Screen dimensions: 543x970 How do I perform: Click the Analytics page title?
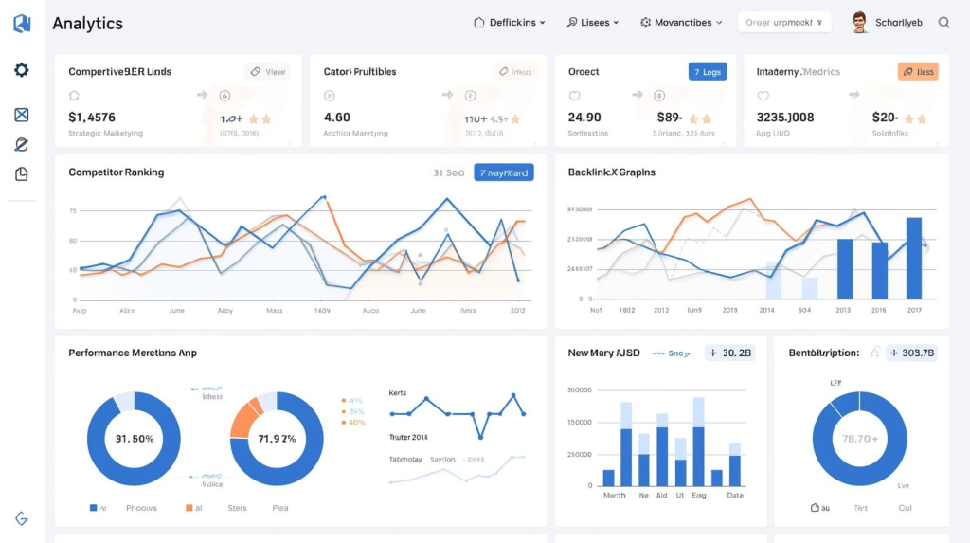(87, 23)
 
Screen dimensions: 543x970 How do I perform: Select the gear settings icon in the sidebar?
(22, 70)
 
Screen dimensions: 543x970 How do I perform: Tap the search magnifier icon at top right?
(943, 23)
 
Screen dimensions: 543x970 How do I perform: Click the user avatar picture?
(859, 23)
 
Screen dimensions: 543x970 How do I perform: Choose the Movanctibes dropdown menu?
(681, 23)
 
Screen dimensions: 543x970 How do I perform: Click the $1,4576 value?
(92, 118)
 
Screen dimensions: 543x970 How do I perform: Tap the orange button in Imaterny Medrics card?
(917, 71)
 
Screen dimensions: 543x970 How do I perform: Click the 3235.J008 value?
(785, 118)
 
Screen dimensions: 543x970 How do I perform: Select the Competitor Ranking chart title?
(116, 172)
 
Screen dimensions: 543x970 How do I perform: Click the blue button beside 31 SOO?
(503, 172)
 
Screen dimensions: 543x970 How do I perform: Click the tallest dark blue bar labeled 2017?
(913, 258)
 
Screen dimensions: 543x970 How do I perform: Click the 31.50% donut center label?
(134, 439)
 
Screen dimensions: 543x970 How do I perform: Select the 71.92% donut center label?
(277, 439)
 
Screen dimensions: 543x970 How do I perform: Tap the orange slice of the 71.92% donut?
(245, 418)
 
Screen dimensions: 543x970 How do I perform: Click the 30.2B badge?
(729, 353)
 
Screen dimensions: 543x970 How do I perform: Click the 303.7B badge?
(911, 353)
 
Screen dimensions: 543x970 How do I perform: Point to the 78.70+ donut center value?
(860, 439)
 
